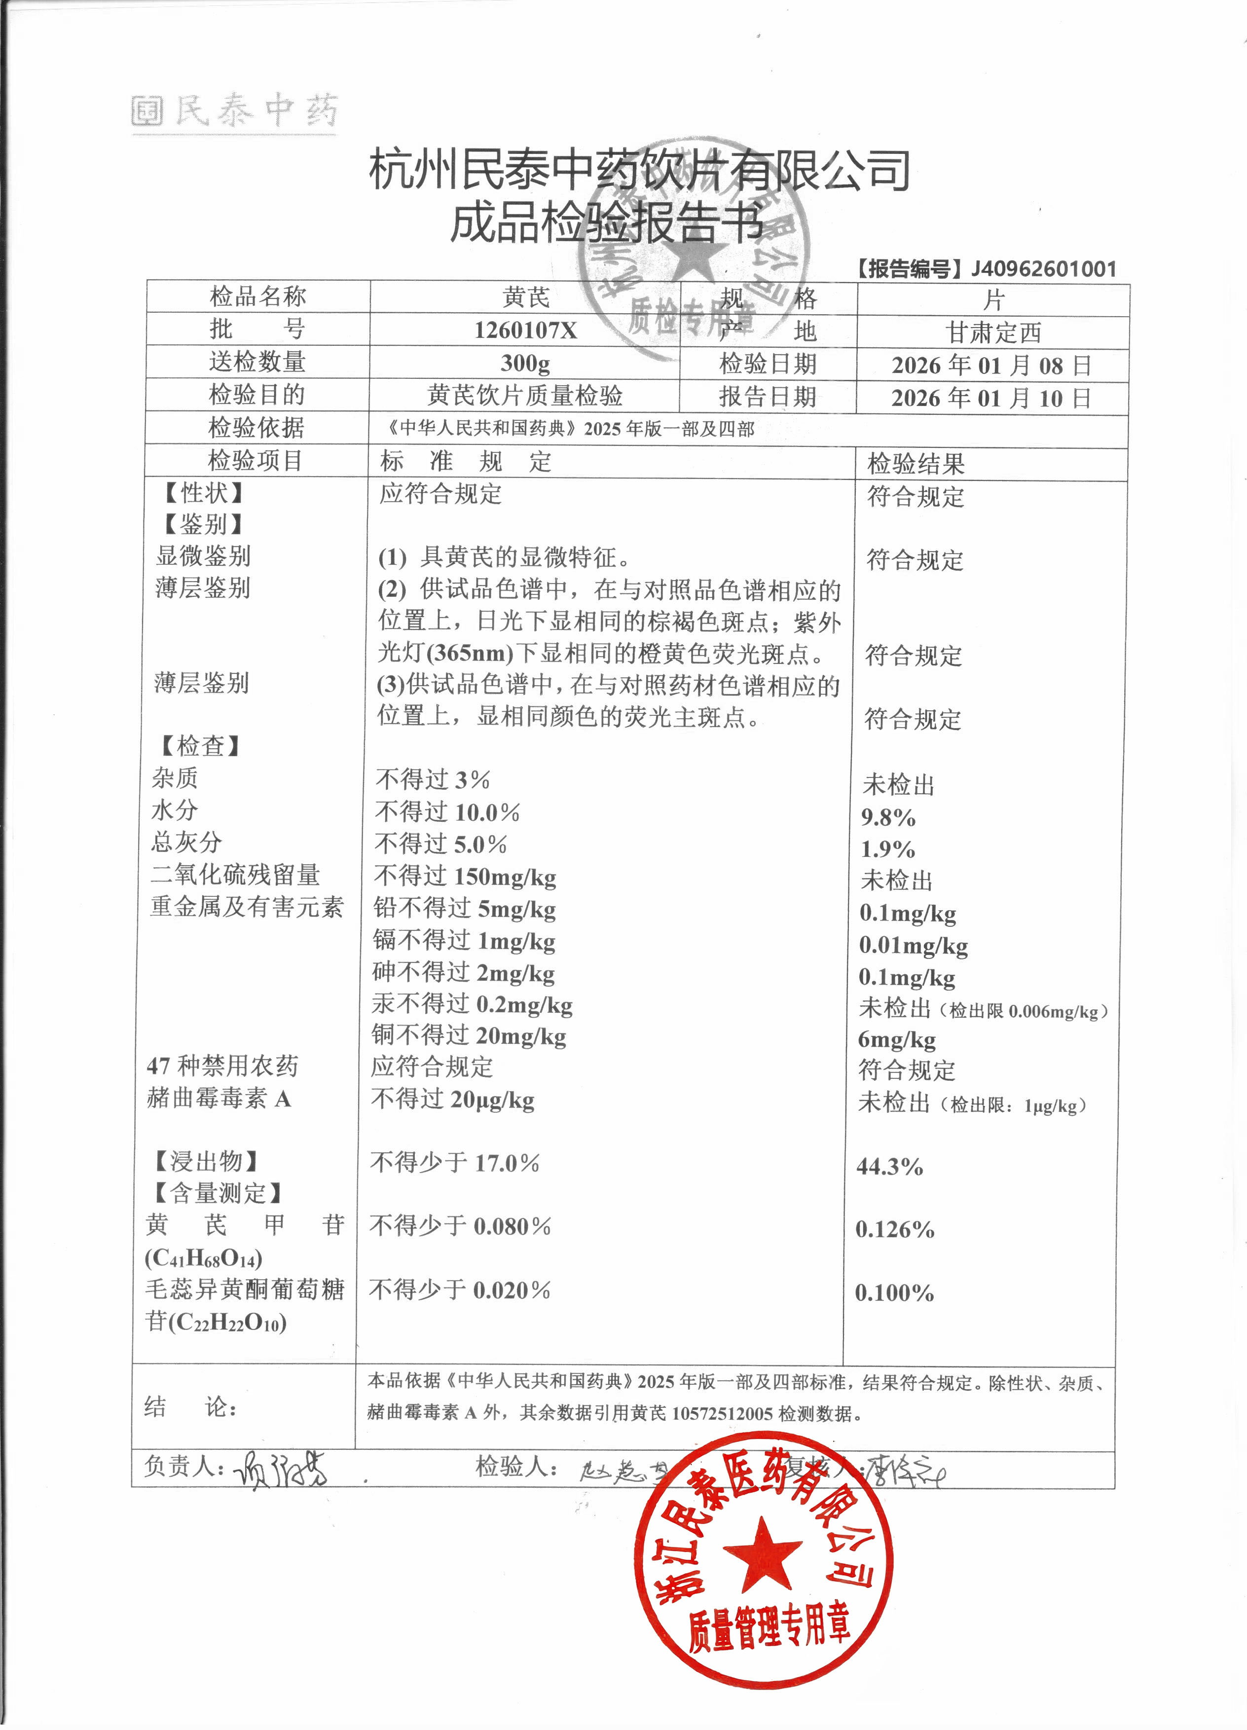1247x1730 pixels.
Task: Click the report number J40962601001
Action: coord(1043,268)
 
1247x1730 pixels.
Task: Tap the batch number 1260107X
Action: coord(525,331)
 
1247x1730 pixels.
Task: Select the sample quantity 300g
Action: coord(525,363)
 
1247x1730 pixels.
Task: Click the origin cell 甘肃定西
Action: coord(993,332)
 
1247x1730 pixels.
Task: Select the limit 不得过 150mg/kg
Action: coord(465,877)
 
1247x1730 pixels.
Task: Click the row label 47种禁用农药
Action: coord(222,1066)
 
